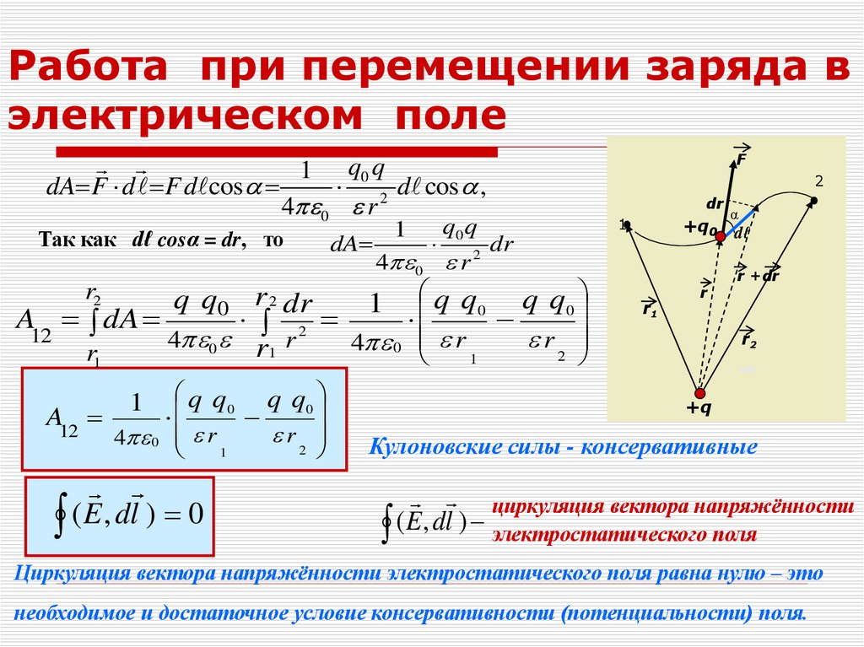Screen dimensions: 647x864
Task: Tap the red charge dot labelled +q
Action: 699,393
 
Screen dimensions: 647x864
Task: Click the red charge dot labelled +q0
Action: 721,238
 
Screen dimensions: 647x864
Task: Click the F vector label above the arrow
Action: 742,157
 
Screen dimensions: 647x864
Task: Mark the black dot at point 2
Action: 813,201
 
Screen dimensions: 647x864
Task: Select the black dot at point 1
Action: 627,225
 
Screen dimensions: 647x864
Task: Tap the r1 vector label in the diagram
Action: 649,309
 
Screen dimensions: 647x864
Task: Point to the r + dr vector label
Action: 757,275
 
